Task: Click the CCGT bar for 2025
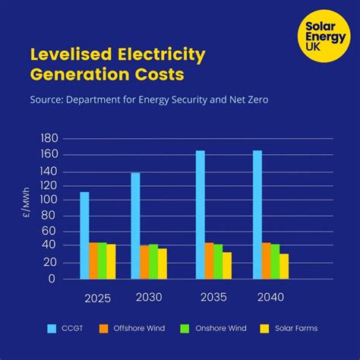tap(84, 235)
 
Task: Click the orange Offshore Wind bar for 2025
tap(93, 261)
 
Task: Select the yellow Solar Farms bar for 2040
tap(284, 266)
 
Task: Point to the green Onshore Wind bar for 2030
tap(153, 261)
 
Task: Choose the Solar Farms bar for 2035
tap(227, 265)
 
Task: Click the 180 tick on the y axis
tap(48, 139)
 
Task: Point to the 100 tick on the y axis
tap(48, 200)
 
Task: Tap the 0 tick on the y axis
tap(52, 279)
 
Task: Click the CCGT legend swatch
tap(52, 328)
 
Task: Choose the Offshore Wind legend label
tap(137, 328)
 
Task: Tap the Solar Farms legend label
tap(297, 328)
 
